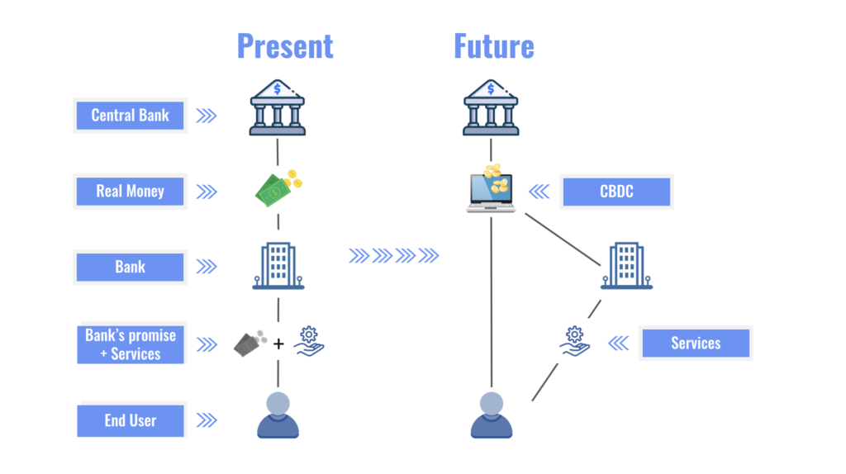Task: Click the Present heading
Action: click(285, 46)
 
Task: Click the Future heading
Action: click(493, 46)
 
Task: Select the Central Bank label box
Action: click(130, 116)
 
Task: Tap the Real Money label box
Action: click(130, 192)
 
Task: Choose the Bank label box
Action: click(130, 267)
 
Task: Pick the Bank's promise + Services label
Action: click(130, 344)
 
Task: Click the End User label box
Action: click(130, 420)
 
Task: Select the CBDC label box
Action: click(616, 192)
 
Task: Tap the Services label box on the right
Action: click(695, 343)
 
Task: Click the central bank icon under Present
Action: click(278, 107)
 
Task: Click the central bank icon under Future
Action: click(491, 107)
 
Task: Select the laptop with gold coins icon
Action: click(491, 188)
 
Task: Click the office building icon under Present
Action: click(278, 266)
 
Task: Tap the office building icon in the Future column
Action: click(626, 266)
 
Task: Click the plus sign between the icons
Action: click(278, 343)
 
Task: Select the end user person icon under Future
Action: click(491, 415)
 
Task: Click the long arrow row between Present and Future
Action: click(393, 256)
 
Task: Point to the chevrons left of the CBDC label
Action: click(539, 192)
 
